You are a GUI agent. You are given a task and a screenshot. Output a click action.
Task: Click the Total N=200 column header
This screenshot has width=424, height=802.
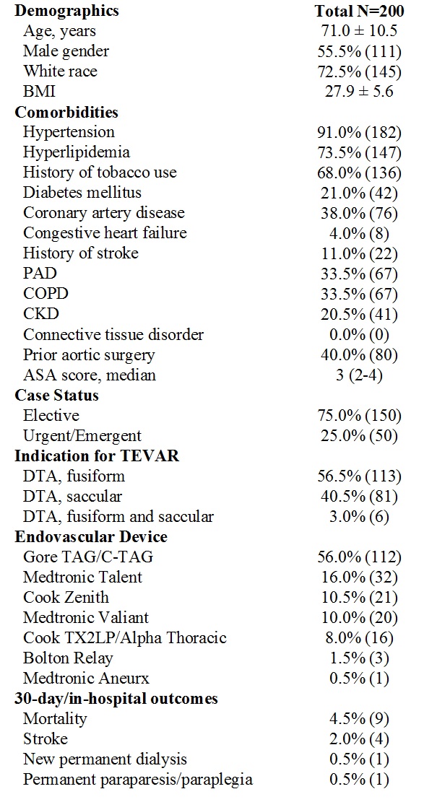(x=359, y=10)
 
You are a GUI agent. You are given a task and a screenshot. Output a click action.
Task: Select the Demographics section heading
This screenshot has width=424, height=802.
(x=66, y=11)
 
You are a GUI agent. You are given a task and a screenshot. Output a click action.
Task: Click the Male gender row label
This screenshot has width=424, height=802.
(x=66, y=51)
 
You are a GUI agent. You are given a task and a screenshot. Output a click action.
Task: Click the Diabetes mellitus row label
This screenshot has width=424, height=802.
(x=82, y=192)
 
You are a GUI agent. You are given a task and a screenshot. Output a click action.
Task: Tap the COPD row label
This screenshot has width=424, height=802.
(x=46, y=294)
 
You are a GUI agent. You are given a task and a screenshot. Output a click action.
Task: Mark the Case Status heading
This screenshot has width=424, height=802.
(x=57, y=396)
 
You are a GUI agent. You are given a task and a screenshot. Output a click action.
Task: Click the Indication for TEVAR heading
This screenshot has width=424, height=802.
(x=98, y=456)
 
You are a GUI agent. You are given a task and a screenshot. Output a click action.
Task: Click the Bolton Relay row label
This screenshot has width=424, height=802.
(x=68, y=658)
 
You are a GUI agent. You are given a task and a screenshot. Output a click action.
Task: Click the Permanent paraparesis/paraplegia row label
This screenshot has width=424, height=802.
(x=138, y=780)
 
